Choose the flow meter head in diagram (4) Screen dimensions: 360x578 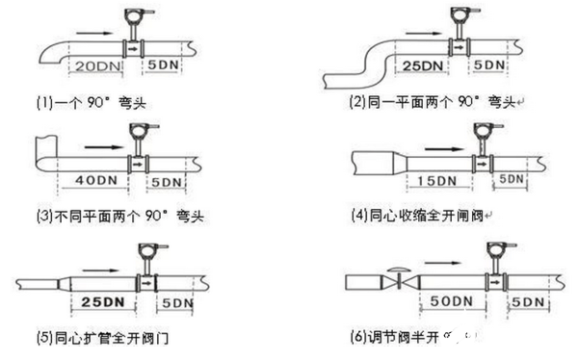click(x=479, y=132)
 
